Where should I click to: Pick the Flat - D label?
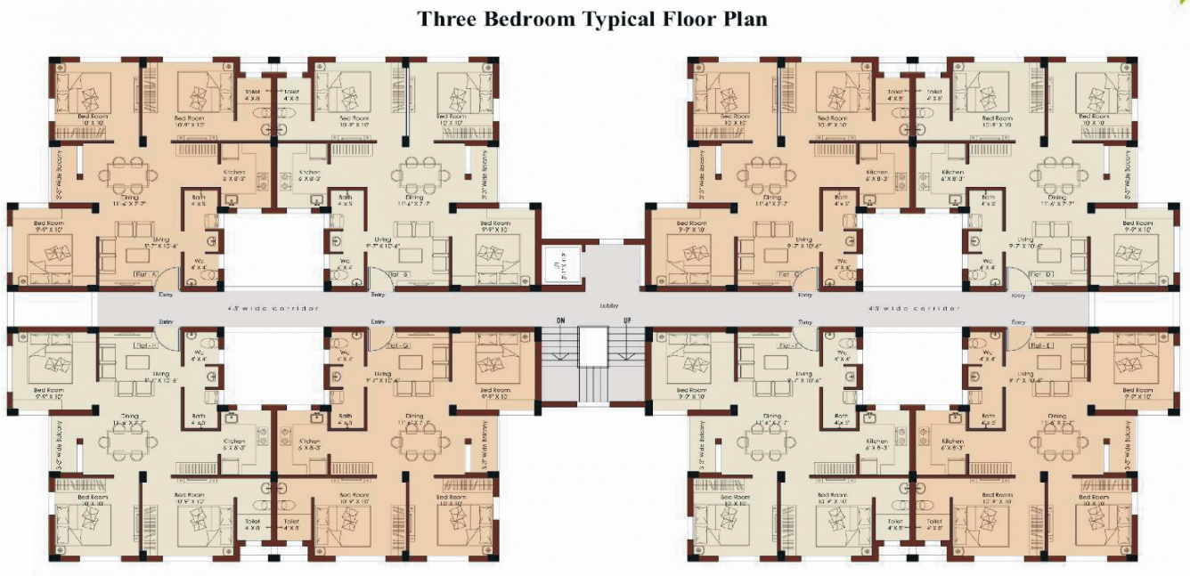1038,274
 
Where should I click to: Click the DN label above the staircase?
560,320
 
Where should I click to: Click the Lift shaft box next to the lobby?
562,265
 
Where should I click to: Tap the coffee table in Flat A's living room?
137,256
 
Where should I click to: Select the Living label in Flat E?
1027,374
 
